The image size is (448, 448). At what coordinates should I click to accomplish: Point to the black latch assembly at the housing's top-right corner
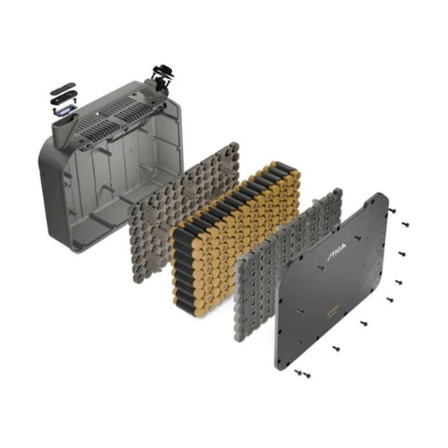tap(164, 78)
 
